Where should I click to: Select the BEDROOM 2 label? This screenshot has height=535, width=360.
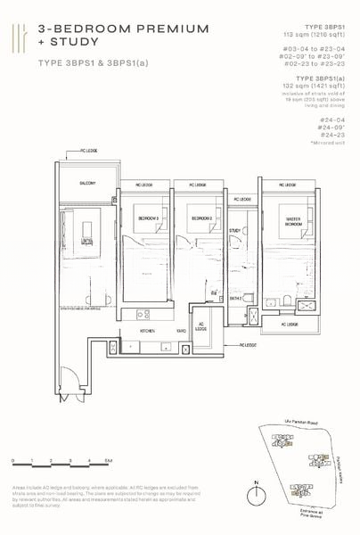click(x=200, y=218)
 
